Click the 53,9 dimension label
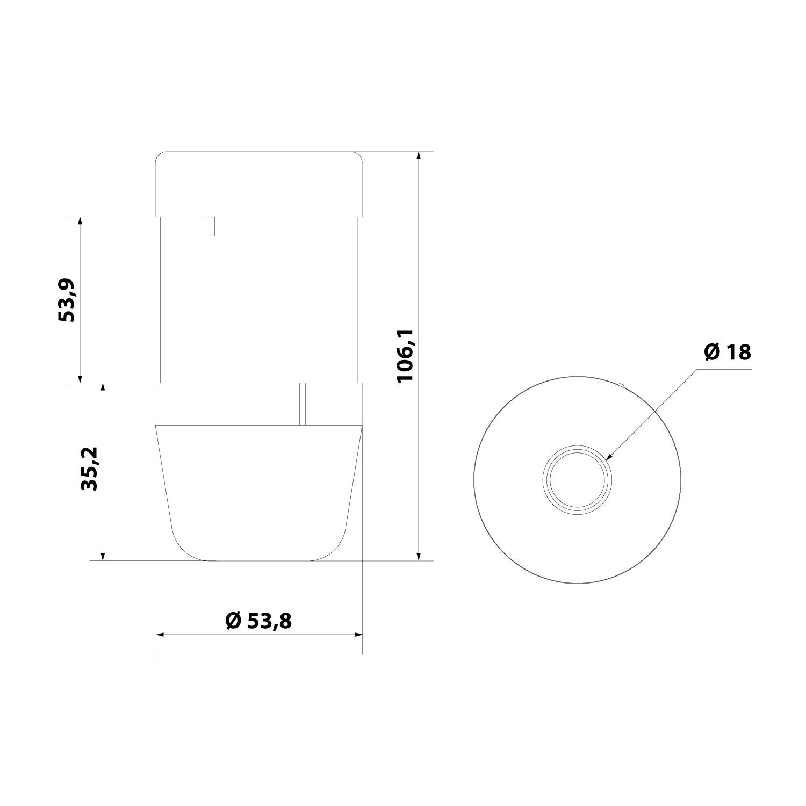[x=67, y=300]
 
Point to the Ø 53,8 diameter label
[x=258, y=621]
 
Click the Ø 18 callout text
[x=727, y=352]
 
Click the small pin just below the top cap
[x=212, y=226]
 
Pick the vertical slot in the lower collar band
[x=303, y=404]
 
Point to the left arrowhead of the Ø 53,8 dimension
[x=160, y=635]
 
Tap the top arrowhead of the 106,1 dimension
[x=419, y=156]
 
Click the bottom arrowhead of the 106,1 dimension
[x=419, y=556]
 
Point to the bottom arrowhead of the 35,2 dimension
[x=103, y=556]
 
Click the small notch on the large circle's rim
[x=620, y=384]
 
